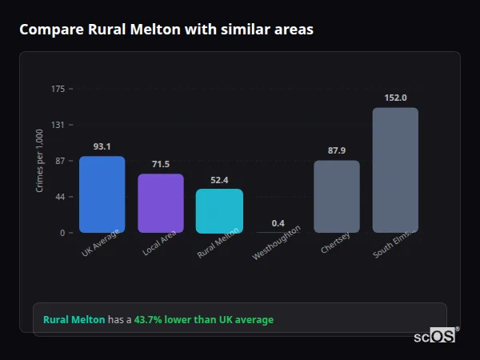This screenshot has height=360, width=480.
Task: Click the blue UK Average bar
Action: coord(102,194)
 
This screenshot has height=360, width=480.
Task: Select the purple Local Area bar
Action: coord(160,203)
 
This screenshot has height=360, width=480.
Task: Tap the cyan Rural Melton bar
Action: coord(219,211)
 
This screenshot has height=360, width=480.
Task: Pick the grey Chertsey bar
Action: coord(336,197)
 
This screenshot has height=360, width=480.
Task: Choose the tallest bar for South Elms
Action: coord(394,170)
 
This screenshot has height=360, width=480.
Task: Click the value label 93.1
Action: coord(102,146)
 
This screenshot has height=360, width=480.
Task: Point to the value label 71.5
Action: coord(160,164)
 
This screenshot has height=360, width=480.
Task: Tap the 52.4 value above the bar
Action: coord(219,180)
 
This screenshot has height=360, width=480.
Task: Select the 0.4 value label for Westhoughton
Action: coord(278,222)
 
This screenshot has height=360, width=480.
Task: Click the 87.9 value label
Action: coord(336,150)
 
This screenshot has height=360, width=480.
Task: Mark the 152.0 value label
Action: coord(394,98)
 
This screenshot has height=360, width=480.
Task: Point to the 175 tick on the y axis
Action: coord(58,89)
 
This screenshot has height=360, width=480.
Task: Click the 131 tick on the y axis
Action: coord(58,125)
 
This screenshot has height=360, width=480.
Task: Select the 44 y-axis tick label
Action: coord(60,197)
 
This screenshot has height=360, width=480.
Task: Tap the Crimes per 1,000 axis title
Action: coord(40,161)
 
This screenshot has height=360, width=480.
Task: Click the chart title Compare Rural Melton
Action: coord(166,30)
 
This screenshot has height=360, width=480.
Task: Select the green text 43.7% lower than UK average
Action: coord(203,320)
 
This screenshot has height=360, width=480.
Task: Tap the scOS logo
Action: coord(435,337)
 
